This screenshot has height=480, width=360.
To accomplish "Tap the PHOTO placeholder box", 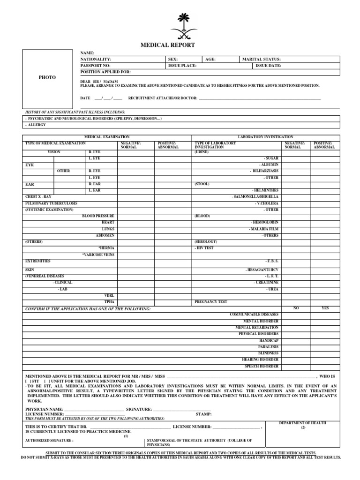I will point(47,77).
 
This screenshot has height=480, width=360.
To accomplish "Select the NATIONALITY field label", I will point(96,60).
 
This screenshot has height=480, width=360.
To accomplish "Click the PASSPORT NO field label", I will point(96,66).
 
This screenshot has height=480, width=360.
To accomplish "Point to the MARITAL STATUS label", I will point(261,60).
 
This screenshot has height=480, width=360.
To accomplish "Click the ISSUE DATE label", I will point(269,66).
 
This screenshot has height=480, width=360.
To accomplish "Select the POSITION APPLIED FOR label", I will point(106,72).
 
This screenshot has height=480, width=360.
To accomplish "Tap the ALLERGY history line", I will point(36,125).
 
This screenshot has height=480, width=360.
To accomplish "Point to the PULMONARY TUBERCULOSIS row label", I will point(51,203).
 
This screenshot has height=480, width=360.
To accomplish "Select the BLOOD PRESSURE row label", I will point(98,216).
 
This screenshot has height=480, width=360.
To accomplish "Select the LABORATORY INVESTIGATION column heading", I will point(265,136).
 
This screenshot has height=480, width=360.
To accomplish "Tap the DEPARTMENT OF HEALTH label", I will point(303,423).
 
